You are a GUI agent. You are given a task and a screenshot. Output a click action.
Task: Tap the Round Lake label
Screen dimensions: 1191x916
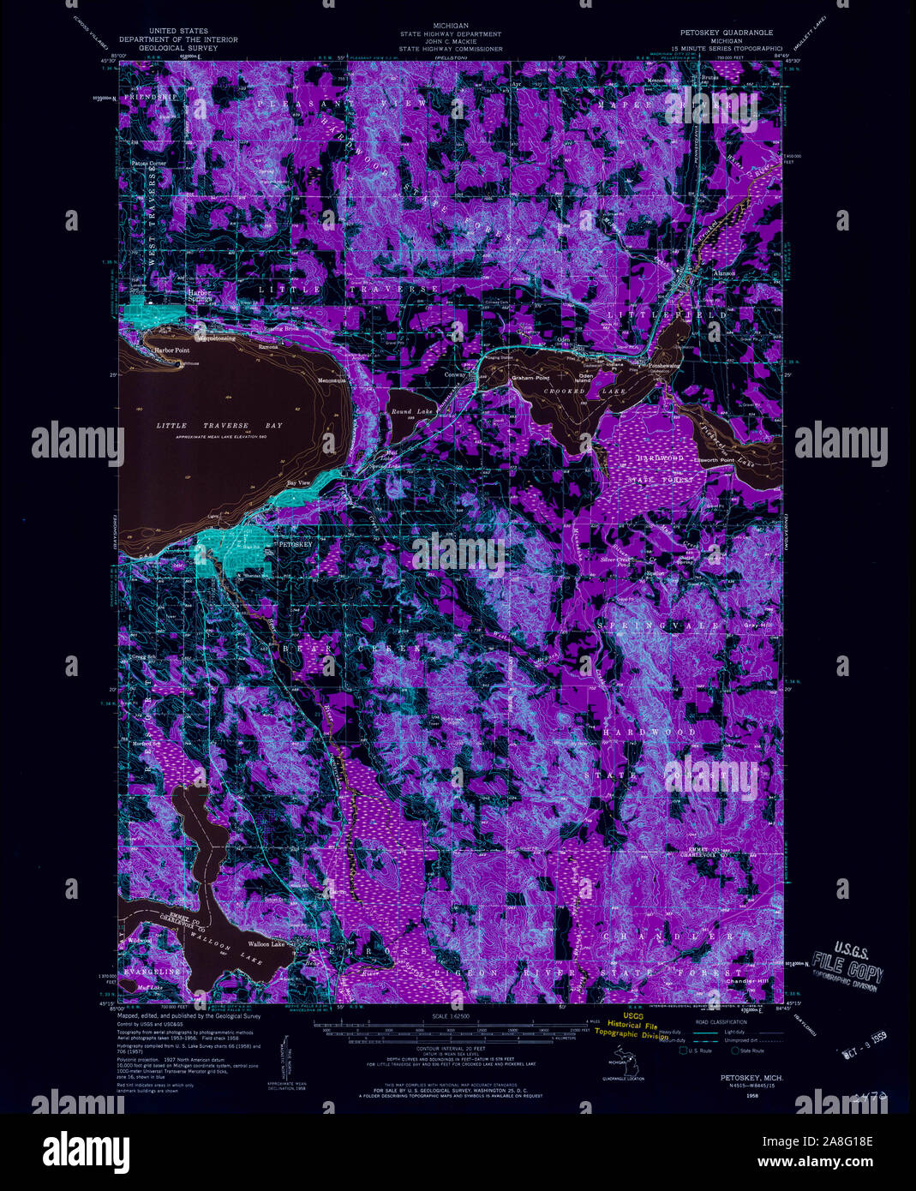pyautogui.click(x=412, y=412)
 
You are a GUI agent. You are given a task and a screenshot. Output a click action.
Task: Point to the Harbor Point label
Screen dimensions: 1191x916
pyautogui.click(x=171, y=350)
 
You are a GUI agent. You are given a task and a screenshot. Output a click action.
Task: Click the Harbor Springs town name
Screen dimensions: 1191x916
pyautogui.click(x=199, y=296)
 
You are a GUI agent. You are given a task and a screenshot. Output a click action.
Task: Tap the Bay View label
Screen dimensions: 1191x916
pyautogui.click(x=297, y=483)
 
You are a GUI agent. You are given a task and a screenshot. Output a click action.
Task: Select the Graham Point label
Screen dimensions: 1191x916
pyautogui.click(x=530, y=378)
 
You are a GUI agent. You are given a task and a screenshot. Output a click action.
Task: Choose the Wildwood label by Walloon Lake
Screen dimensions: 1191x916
pyautogui.click(x=139, y=941)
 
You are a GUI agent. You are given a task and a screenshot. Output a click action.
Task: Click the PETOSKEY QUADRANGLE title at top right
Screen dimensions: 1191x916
pyautogui.click(x=722, y=33)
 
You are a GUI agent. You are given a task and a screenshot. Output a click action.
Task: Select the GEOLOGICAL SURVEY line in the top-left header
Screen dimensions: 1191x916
pyautogui.click(x=178, y=48)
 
